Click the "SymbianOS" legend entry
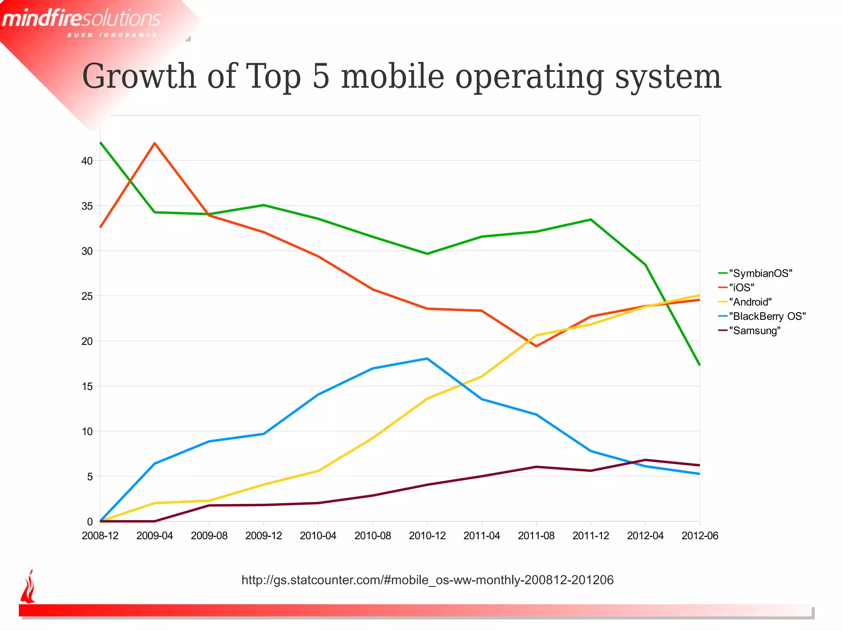pyautogui.click(x=760, y=273)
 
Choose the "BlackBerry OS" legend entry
pyautogui.click(x=767, y=316)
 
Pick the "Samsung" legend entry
pyautogui.click(x=754, y=331)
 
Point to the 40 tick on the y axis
pyautogui.click(x=87, y=161)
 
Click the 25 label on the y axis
pyautogui.click(x=87, y=296)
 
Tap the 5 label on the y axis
pyautogui.click(x=90, y=476)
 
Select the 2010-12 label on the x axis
pyautogui.click(x=427, y=536)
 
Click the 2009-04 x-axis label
pyautogui.click(x=155, y=536)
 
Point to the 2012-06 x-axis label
pyautogui.click(x=700, y=536)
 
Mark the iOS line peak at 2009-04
pyautogui.click(x=155, y=143)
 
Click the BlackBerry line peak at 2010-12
pyautogui.click(x=427, y=358)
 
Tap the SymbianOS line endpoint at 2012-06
pyautogui.click(x=699, y=365)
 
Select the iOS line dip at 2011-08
pyautogui.click(x=536, y=346)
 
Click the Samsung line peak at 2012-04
pyautogui.click(x=645, y=460)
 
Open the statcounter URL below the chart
pyautogui.click(x=427, y=580)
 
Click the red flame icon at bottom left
pyautogui.click(x=28, y=587)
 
